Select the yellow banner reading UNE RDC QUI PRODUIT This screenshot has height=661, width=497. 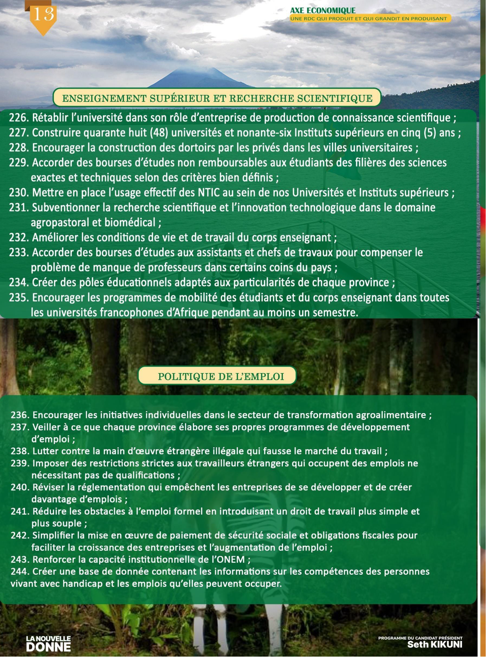(x=370, y=19)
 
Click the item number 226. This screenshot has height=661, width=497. (x=19, y=118)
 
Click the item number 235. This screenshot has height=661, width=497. (x=19, y=298)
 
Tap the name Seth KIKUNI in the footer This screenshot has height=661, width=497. (x=435, y=644)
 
